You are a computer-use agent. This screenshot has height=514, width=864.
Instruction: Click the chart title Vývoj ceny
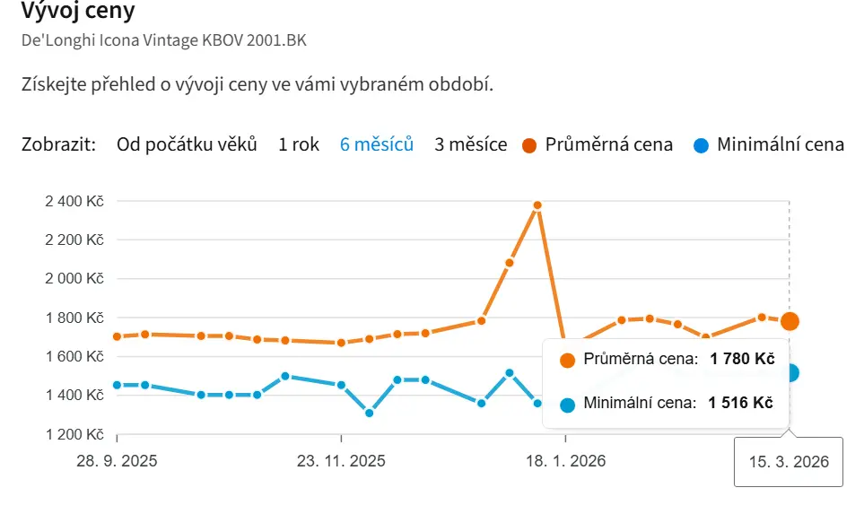click(x=79, y=13)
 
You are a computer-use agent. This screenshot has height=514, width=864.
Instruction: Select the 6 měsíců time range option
click(x=376, y=144)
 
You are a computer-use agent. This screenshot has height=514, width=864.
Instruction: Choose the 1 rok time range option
click(x=299, y=144)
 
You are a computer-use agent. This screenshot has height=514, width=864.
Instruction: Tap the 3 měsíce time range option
click(x=470, y=144)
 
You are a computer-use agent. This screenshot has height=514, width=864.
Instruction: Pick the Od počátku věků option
click(x=187, y=144)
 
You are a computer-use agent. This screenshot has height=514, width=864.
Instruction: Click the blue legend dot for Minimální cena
click(x=701, y=145)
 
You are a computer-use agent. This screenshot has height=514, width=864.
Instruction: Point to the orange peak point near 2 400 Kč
click(x=537, y=205)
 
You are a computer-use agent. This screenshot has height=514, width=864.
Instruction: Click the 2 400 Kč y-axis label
click(x=74, y=201)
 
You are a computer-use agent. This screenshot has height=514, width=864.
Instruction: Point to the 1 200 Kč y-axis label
click(x=74, y=435)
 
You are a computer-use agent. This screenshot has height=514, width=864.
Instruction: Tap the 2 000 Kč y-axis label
click(x=74, y=279)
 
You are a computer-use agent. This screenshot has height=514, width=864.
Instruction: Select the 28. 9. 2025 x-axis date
click(x=117, y=462)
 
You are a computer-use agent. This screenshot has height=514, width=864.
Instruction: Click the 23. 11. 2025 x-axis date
click(x=341, y=462)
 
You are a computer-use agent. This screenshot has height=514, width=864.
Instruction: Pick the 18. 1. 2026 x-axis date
click(x=565, y=462)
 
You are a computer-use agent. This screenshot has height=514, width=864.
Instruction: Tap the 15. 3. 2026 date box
click(x=789, y=462)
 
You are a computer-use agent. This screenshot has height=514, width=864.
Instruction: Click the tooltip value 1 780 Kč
click(x=741, y=360)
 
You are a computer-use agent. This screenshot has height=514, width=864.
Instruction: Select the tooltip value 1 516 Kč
click(x=741, y=404)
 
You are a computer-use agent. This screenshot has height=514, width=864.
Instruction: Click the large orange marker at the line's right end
click(x=790, y=321)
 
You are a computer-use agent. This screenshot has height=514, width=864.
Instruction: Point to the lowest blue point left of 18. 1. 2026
click(x=369, y=413)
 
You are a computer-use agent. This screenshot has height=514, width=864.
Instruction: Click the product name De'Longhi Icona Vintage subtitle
click(x=170, y=41)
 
